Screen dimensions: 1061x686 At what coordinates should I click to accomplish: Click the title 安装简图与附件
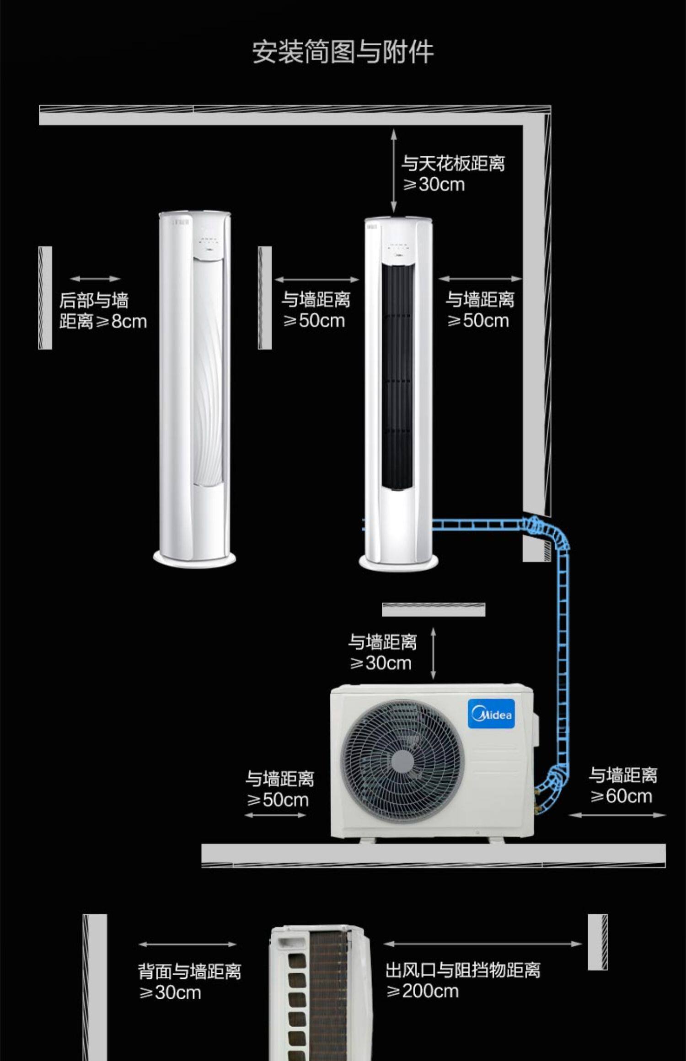pyautogui.click(x=343, y=52)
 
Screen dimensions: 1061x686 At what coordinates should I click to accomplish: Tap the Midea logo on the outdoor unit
pyautogui.click(x=491, y=714)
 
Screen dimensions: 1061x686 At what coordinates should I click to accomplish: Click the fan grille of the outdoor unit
pyautogui.click(x=402, y=761)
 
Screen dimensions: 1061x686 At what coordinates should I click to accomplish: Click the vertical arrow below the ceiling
pyautogui.click(x=393, y=171)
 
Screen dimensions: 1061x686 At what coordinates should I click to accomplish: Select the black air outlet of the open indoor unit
pyautogui.click(x=397, y=377)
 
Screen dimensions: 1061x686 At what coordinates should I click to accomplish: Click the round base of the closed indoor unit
pyautogui.click(x=194, y=559)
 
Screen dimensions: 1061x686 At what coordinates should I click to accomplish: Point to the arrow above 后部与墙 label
pyautogui.click(x=95, y=279)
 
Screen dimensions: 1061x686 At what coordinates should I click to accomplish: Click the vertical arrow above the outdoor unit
pyautogui.click(x=433, y=654)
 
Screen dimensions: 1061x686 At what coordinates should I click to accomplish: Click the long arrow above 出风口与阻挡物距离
pyautogui.click(x=482, y=944)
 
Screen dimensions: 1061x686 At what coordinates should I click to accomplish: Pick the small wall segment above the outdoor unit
pyautogui.click(x=434, y=609)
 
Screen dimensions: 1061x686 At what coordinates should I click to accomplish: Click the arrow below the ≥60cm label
pyautogui.click(x=617, y=815)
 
